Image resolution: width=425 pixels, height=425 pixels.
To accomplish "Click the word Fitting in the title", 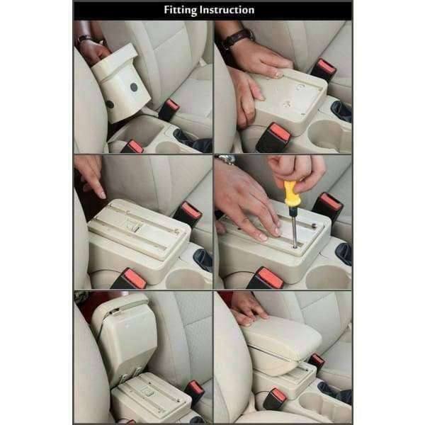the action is [x=180, y=10].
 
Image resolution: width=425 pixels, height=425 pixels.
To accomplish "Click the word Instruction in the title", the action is [x=227, y=10].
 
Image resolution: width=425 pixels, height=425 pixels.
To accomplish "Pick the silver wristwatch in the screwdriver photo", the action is [x=226, y=159].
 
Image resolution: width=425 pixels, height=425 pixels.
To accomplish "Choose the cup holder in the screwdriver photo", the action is [x=327, y=276].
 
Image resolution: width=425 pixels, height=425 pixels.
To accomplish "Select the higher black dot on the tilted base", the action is [x=134, y=87].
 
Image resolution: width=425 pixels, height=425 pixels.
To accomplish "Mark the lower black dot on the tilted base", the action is [x=110, y=104].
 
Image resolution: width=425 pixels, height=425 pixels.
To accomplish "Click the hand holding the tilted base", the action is [x=92, y=50].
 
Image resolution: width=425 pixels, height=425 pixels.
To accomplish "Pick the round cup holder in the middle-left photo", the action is [x=184, y=278].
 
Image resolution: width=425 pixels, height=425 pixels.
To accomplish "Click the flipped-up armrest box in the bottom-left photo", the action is [x=124, y=339].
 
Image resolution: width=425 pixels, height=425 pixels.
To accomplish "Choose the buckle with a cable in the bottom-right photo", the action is [x=275, y=399].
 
